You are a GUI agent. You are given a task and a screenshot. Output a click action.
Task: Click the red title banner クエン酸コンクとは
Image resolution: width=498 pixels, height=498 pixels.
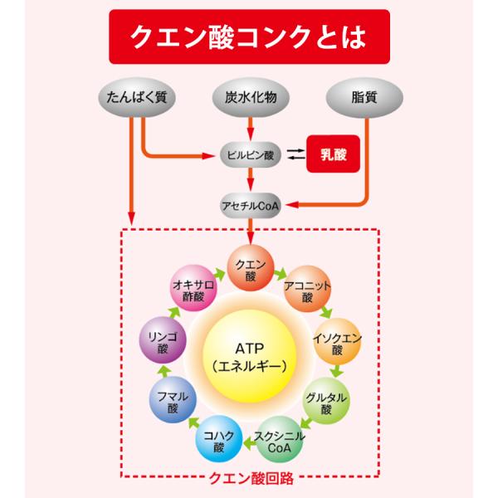click(250, 37)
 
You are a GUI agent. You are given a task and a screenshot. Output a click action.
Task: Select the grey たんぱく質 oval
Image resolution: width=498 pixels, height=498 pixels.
click(138, 96)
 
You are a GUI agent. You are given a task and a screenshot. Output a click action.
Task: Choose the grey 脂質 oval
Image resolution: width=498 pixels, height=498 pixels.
click(362, 96)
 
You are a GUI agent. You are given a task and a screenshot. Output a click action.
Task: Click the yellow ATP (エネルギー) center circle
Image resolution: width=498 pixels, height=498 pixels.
click(250, 357)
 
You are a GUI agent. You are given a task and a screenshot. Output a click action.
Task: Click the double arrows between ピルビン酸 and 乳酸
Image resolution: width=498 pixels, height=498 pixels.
click(295, 154)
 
